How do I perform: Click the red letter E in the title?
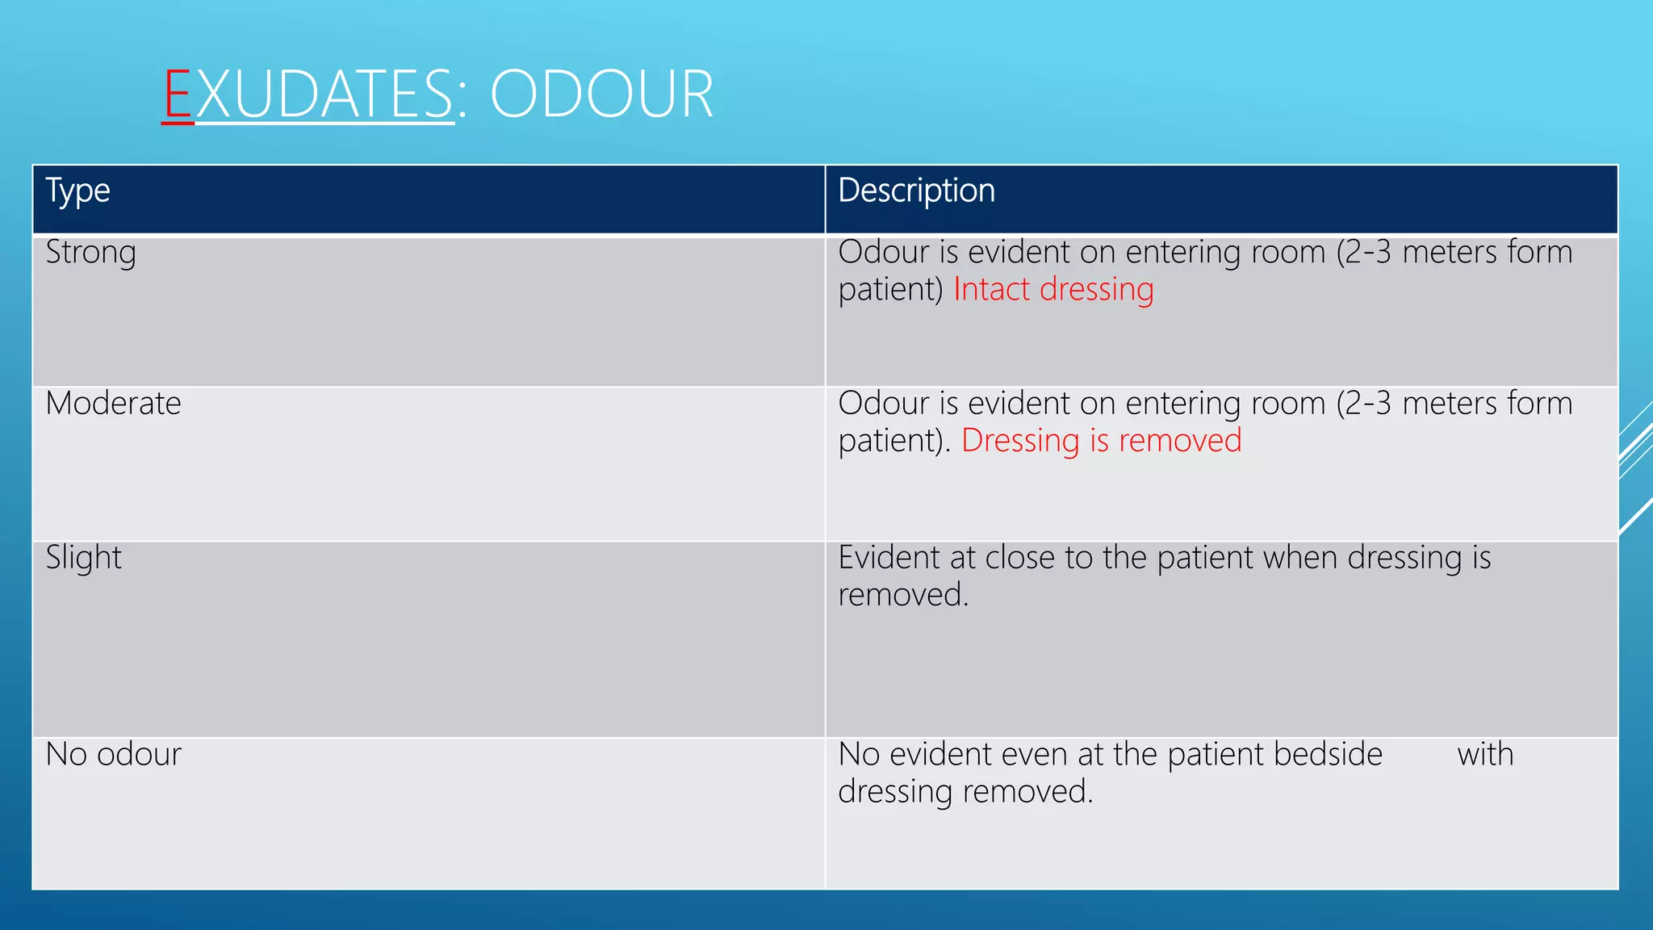click(177, 95)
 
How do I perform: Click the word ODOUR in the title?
click(601, 95)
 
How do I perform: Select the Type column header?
click(77, 191)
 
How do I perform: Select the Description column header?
click(916, 191)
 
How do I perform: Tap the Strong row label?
click(90, 253)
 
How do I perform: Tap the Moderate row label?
click(113, 404)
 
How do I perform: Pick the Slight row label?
click(83, 558)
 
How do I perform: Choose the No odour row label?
click(113, 754)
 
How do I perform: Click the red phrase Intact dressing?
click(1053, 290)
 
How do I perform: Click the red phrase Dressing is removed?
click(1101, 441)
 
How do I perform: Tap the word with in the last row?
click(1485, 754)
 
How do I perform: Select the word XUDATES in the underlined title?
click(324, 95)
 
